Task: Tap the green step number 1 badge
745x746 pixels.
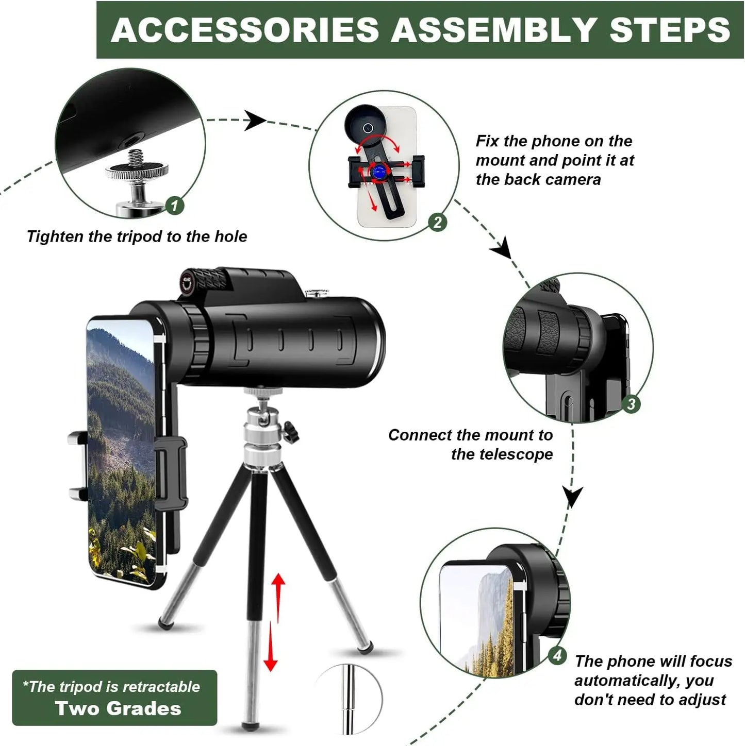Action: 175,206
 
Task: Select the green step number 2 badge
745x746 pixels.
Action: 438,223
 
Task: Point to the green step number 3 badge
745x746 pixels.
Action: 631,404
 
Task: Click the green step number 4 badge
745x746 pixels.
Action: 557,656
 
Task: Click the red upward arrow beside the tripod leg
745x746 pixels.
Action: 278,592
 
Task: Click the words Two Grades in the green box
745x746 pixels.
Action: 118,709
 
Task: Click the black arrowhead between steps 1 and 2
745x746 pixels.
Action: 254,121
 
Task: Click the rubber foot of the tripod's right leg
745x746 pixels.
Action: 366,646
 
